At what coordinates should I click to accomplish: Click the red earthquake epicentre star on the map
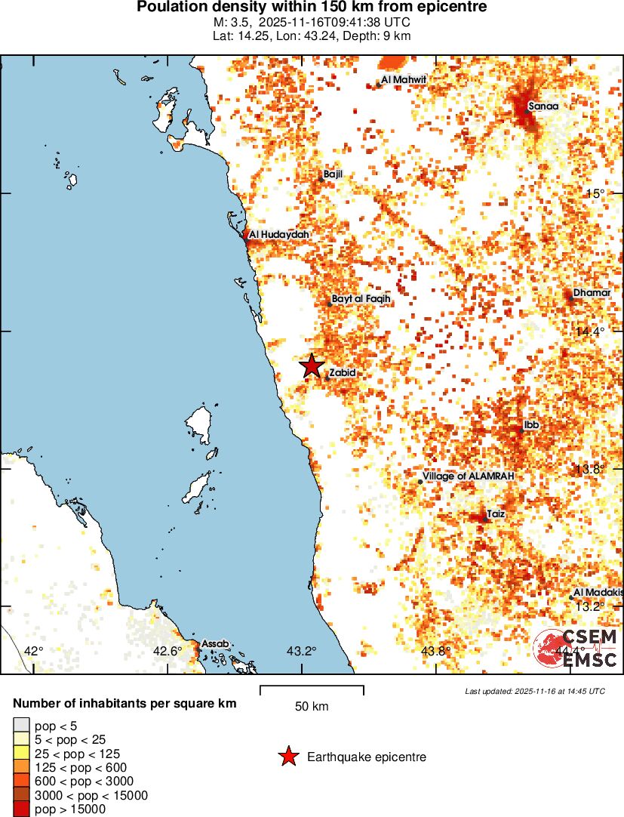[x=312, y=366]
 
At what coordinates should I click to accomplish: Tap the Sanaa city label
[x=543, y=106]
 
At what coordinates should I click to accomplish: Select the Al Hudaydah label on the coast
[x=279, y=235]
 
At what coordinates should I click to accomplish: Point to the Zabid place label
[x=342, y=372]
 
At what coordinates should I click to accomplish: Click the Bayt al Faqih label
[x=361, y=299]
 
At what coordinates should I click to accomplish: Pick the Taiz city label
[x=496, y=513]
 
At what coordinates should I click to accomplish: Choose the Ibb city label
[x=531, y=425]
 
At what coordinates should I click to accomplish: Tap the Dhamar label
[x=592, y=292]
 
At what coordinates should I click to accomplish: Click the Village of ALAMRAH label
[x=469, y=476]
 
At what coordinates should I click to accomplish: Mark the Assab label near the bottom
[x=215, y=643]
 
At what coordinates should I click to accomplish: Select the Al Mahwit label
[x=404, y=79]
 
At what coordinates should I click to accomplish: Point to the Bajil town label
[x=333, y=174]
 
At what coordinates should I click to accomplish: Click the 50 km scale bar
[x=312, y=689]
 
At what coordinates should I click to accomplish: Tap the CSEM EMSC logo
[x=577, y=648]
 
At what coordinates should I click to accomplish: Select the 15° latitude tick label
[x=595, y=193]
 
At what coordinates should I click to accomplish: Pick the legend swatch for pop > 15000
[x=21, y=809]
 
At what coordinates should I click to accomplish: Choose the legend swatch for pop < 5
[x=21, y=726]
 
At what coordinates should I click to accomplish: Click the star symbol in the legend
[x=287, y=757]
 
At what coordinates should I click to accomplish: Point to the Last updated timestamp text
[x=534, y=691]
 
